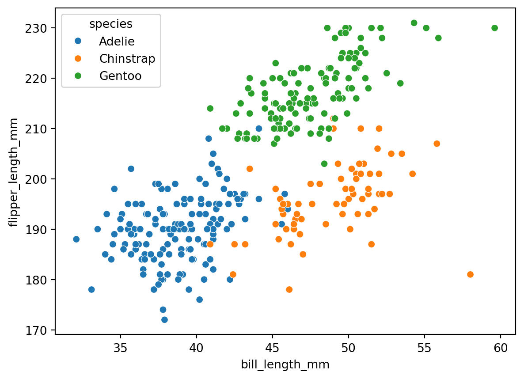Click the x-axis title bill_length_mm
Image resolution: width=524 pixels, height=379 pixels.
[285, 364]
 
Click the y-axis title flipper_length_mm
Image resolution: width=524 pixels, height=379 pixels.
[13, 172]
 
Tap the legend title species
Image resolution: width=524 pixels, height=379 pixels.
[111, 24]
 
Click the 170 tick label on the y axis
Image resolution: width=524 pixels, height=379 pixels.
[36, 330]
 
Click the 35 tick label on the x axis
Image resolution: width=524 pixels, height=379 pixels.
[120, 348]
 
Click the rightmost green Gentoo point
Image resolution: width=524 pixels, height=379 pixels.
[494, 28]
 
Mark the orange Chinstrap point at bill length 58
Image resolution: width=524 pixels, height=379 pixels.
[470, 274]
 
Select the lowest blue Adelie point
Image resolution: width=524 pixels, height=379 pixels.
[164, 320]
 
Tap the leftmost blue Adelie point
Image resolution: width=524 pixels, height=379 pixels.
[76, 239]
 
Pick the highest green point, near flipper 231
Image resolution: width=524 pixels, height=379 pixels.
[414, 23]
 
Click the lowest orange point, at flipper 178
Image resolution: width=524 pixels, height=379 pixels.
[289, 289]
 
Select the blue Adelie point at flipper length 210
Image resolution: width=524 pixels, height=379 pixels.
[258, 129]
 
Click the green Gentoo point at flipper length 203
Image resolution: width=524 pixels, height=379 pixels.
[324, 164]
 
